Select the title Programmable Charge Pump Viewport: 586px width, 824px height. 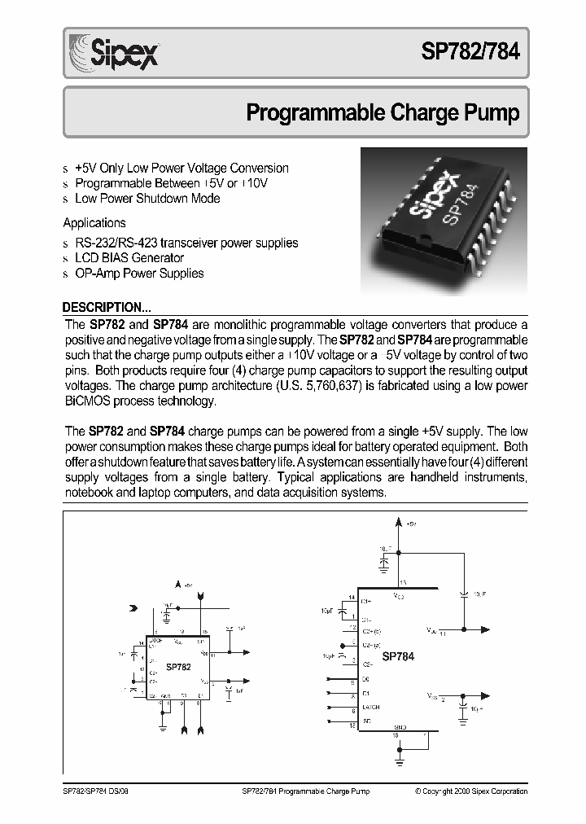click(383, 112)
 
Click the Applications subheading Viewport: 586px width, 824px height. click(94, 222)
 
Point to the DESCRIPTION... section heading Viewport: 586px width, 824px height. click(107, 308)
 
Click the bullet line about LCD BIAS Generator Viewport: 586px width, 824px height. click(129, 258)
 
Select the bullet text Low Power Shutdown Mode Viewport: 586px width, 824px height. click(147, 198)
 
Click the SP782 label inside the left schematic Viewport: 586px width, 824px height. click(178, 666)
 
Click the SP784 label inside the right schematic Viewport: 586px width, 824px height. click(399, 656)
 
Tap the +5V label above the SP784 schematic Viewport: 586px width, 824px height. click(412, 524)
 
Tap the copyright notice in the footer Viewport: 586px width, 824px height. click(470, 791)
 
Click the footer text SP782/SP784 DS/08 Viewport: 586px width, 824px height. click(94, 791)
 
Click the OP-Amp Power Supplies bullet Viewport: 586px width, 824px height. click(139, 274)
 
